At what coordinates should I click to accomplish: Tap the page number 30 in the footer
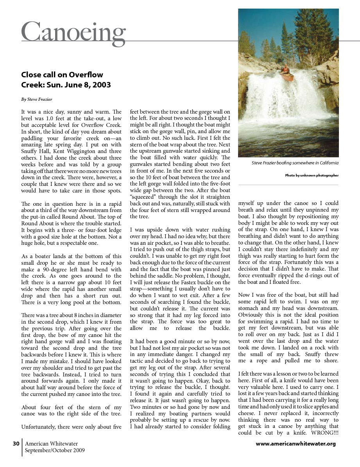[x=16, y=444]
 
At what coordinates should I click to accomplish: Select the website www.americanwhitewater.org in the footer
[x=296, y=444]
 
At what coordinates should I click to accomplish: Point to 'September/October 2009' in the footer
[x=55, y=450]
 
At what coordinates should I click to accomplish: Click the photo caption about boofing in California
[x=295, y=163]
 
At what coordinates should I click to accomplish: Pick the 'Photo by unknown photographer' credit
[x=312, y=175]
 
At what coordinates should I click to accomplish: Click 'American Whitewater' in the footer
[x=51, y=444]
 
